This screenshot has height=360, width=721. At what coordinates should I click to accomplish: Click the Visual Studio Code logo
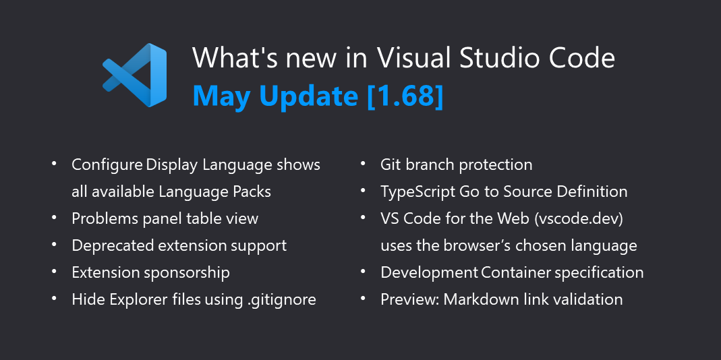[x=135, y=75]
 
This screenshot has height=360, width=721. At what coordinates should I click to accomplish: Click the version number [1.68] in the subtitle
[x=405, y=96]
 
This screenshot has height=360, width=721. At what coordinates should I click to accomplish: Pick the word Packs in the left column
[x=251, y=191]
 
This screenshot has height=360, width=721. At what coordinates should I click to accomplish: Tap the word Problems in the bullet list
[x=102, y=218]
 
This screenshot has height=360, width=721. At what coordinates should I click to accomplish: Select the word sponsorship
[x=188, y=272]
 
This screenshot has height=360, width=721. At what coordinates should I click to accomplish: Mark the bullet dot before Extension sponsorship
[x=54, y=272]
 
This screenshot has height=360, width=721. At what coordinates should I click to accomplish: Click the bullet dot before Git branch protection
[x=363, y=164]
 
